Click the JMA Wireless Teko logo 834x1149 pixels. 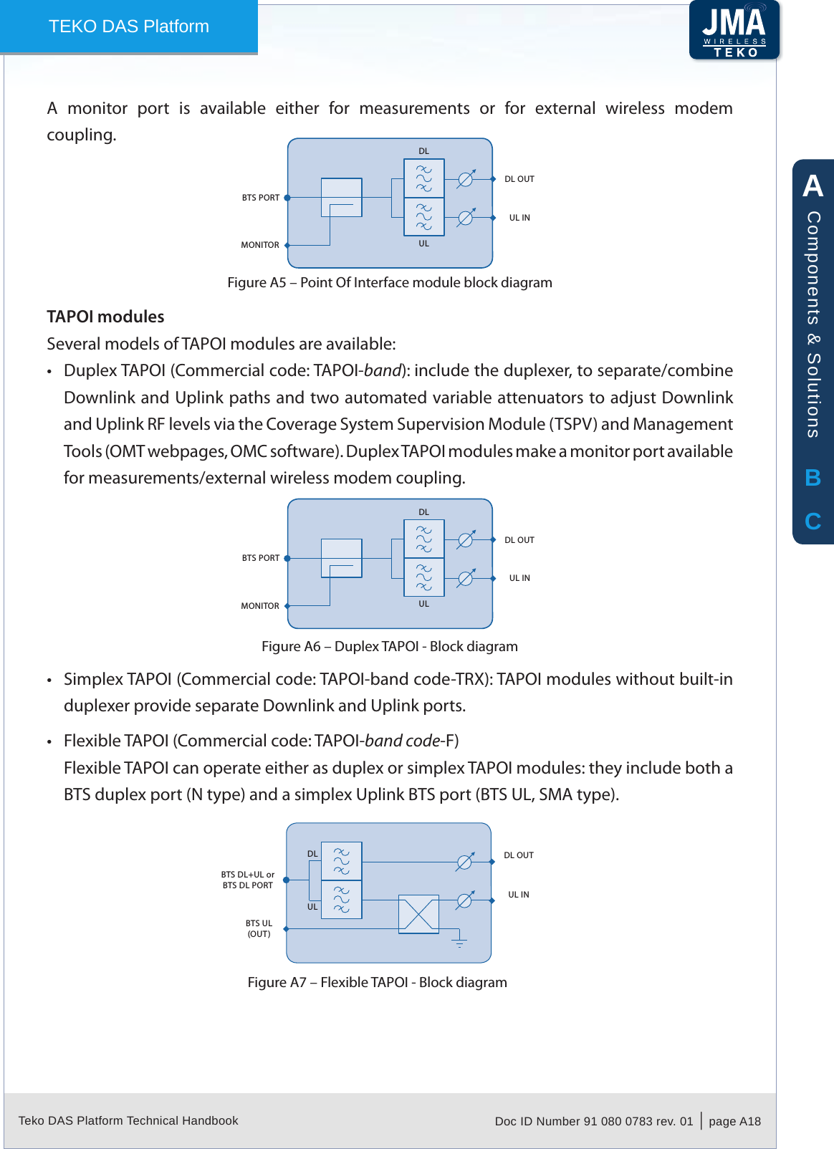point(734,30)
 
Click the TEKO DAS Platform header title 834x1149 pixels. point(129,27)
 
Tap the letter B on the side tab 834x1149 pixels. point(813,478)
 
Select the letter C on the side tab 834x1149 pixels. point(813,521)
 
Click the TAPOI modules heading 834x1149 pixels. point(105,317)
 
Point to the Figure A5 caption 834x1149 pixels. point(389,282)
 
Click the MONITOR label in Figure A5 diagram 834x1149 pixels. point(260,245)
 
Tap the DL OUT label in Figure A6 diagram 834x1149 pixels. point(519,540)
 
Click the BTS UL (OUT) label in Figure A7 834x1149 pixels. point(259,928)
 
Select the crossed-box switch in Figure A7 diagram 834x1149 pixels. point(418,914)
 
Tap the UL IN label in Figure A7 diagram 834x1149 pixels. point(519,895)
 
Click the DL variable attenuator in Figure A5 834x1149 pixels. point(466,178)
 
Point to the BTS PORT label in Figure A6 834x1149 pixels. point(261,558)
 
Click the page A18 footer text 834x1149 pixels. point(734,1121)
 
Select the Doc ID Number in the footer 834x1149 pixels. point(593,1121)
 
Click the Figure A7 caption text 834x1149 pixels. point(377,982)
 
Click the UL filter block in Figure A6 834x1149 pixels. point(424,577)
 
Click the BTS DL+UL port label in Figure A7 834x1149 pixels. point(248,880)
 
